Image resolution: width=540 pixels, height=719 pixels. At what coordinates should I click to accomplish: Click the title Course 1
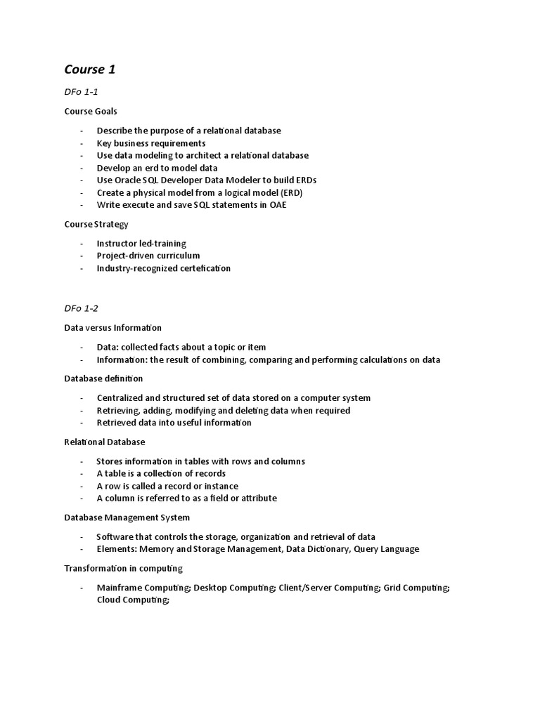[x=89, y=69]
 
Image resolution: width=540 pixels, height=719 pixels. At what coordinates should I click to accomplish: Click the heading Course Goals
[x=91, y=111]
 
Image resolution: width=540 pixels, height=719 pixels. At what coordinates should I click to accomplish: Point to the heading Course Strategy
[x=96, y=224]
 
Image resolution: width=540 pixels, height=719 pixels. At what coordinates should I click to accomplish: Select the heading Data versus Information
[x=112, y=327]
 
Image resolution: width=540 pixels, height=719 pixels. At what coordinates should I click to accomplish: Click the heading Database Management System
[x=127, y=517]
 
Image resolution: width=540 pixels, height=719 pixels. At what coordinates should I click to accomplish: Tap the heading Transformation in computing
[x=123, y=568]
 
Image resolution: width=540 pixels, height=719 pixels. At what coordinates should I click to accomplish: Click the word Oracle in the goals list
[x=129, y=180]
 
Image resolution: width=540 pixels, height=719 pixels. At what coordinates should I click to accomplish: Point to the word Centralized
[x=122, y=398]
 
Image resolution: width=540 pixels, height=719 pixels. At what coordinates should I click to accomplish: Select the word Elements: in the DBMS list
[x=117, y=549]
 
